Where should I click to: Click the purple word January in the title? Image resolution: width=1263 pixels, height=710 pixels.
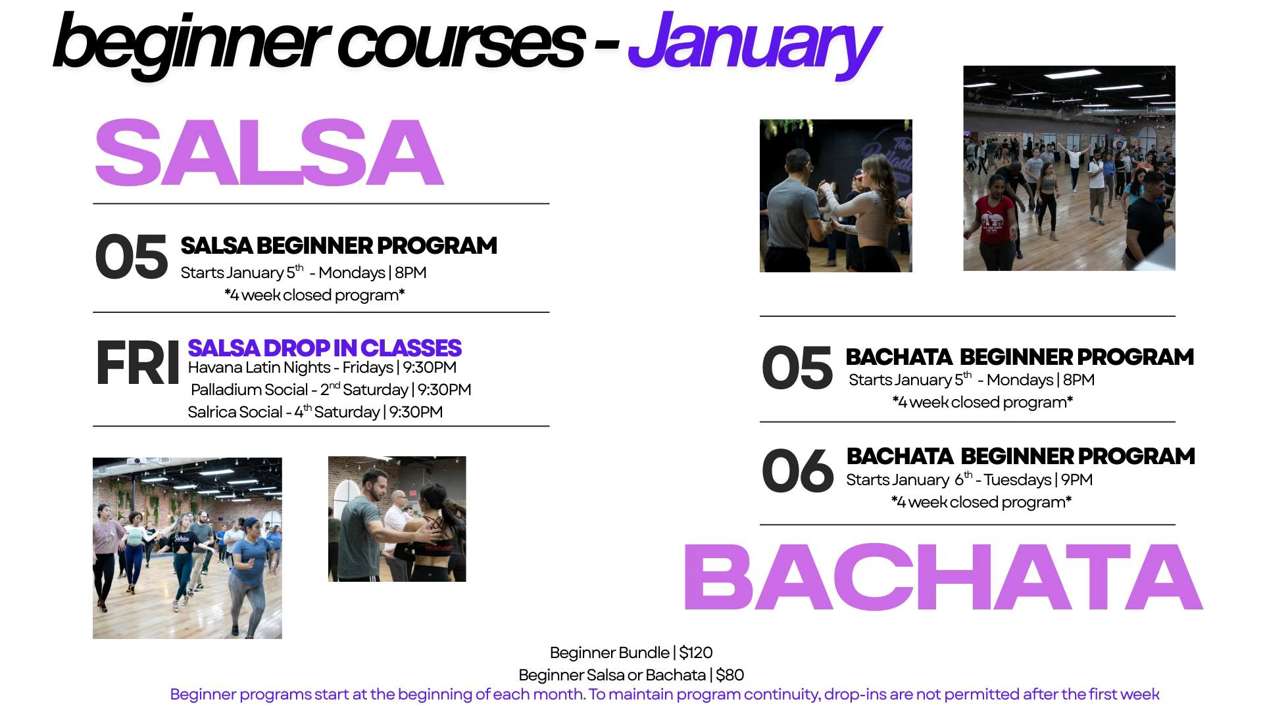click(x=753, y=43)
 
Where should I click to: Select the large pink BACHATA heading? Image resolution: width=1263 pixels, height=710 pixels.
click(x=943, y=578)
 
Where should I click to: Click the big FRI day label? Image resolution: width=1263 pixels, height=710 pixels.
click(x=137, y=363)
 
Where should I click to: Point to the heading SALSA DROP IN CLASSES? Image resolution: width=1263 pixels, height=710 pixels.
click(x=324, y=348)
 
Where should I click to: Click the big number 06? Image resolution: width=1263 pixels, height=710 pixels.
click(x=797, y=470)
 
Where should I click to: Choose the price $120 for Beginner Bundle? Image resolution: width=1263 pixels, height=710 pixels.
click(x=696, y=653)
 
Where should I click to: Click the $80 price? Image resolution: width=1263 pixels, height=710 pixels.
click(x=730, y=675)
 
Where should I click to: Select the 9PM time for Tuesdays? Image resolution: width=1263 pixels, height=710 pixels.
click(x=1077, y=480)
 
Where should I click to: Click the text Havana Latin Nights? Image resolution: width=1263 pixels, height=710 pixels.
click(x=259, y=367)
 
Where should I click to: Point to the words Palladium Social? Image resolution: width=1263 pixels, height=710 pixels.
click(x=249, y=390)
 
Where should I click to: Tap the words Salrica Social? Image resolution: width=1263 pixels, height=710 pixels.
click(x=235, y=412)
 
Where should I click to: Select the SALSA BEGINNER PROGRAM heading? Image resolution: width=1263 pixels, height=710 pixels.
click(x=339, y=246)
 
